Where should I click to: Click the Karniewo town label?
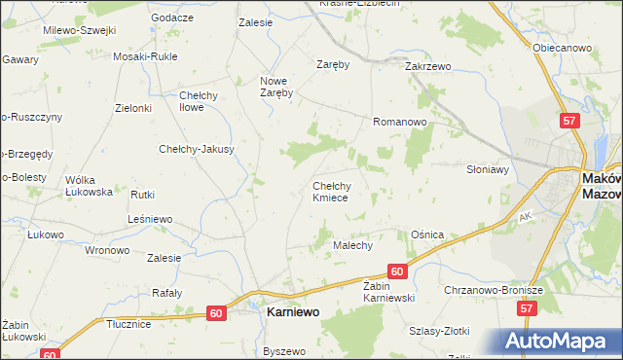293,314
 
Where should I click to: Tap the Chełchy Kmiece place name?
338,191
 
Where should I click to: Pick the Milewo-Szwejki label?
79,30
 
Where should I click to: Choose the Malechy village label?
353,246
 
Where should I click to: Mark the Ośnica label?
427,234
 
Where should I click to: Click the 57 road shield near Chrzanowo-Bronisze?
527,308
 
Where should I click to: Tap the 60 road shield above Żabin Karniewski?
395,272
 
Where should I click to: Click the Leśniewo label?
150,220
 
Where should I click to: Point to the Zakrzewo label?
429,66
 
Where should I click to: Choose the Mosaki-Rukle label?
145,56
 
